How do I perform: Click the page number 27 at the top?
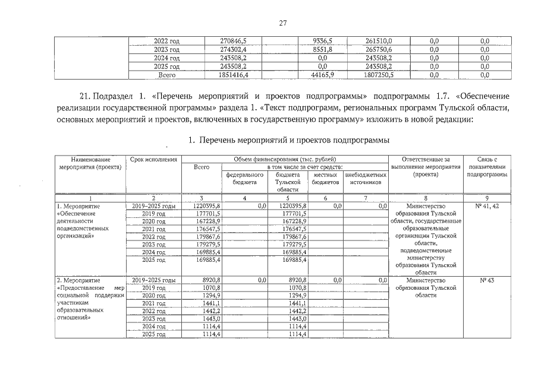(283, 23)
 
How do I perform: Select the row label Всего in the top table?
(166, 75)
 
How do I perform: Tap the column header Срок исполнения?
(153, 159)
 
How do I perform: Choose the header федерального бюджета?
(244, 179)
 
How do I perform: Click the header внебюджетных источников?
(365, 179)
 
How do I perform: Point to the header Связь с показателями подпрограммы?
(490, 167)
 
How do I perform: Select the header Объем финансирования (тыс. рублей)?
(284, 159)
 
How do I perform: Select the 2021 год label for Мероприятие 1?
(153, 229)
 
